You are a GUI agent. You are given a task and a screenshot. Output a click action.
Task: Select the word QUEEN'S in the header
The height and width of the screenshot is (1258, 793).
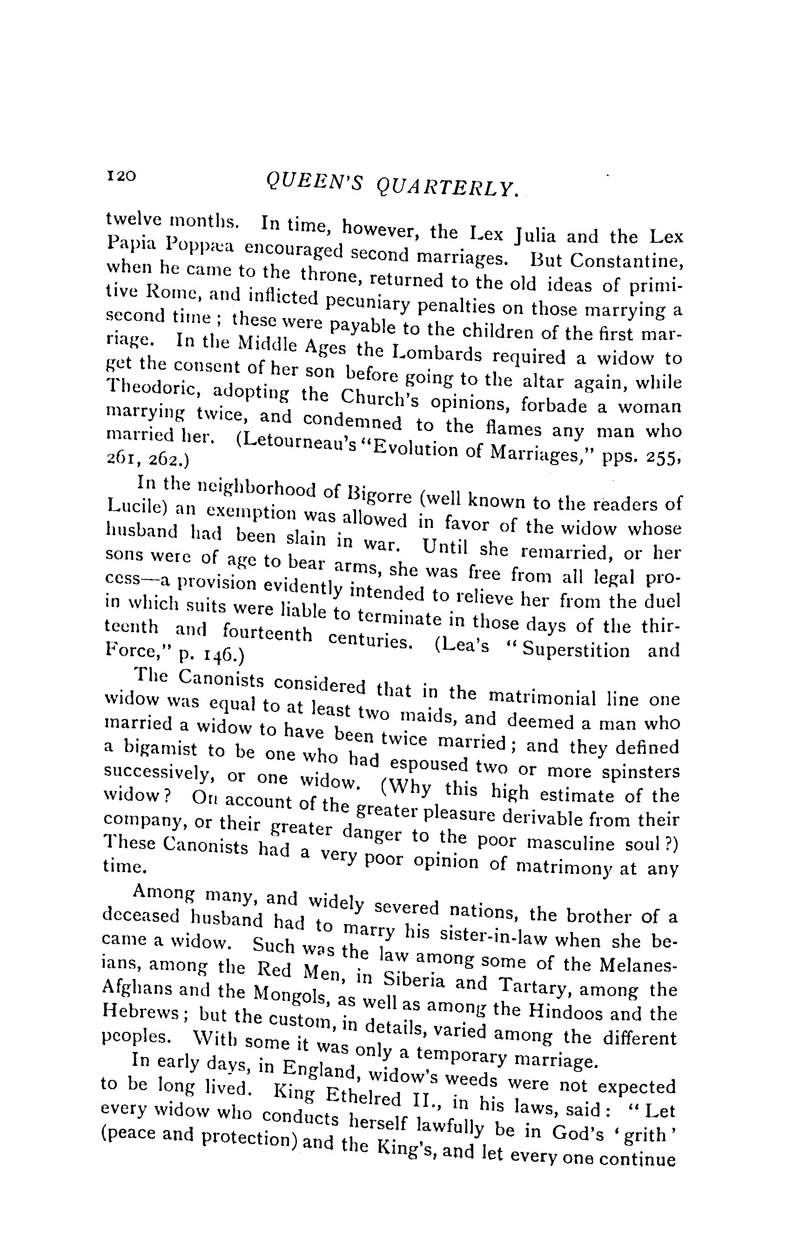(314, 182)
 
